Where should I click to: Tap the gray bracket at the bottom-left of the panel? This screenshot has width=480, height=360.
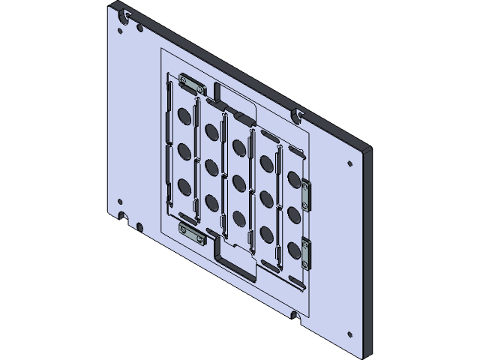192,233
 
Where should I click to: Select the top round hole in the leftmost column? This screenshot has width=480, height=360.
184,116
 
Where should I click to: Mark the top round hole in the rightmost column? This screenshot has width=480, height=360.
294,179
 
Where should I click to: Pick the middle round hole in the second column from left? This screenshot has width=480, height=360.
211,165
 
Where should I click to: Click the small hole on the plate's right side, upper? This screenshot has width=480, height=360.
349,163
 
